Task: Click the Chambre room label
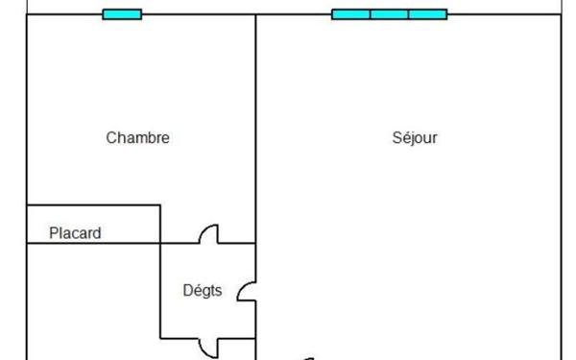[137, 138]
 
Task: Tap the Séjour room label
[415, 138]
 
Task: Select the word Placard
[75, 232]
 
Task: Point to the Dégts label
[203, 289]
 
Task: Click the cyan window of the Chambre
[122, 14]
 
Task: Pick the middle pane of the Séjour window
[389, 14]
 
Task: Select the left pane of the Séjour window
[351, 14]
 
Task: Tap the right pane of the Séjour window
[427, 14]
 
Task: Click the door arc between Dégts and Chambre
[208, 234]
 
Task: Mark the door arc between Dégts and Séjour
[247, 291]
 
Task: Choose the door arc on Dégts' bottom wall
[208, 347]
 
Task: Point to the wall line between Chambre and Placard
[91, 204]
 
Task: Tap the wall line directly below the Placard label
[91, 244]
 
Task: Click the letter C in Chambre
[110, 138]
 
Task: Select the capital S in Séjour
[396, 138]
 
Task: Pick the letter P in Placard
[54, 232]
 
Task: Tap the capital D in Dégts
[188, 289]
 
